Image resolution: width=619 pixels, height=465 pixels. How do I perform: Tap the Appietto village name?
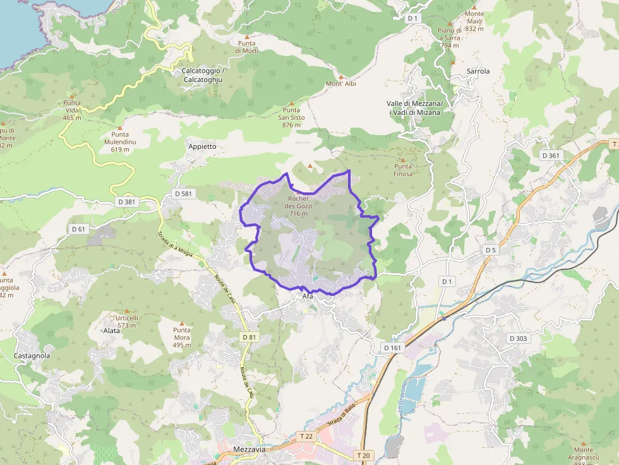tap(202, 146)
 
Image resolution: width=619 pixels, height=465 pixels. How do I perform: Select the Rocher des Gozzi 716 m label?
tap(299, 206)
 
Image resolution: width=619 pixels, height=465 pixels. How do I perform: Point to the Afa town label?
tap(308, 296)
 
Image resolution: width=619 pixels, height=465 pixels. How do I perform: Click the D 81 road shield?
tap(249, 338)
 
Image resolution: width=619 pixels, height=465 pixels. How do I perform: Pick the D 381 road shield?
tap(126, 202)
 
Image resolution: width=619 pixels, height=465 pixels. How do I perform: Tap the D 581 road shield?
tap(182, 194)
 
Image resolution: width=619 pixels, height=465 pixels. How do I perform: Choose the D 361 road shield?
tap(550, 155)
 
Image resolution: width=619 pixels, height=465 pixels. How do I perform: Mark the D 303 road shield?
tap(518, 339)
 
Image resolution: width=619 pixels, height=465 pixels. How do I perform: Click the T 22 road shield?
tap(306, 436)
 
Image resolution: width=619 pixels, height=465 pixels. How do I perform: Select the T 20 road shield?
tap(363, 455)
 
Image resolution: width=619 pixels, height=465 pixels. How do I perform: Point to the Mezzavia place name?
tap(249, 450)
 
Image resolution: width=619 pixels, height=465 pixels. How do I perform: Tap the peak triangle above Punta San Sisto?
tap(291, 103)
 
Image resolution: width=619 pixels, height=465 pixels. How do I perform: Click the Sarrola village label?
tap(478, 71)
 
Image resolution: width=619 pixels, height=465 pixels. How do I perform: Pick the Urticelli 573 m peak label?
tap(126, 321)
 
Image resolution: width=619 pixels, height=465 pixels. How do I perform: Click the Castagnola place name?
tap(32, 356)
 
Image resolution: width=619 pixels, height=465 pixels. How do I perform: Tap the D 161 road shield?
tap(392, 348)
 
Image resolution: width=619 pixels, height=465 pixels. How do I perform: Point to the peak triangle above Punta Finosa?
tap(402, 160)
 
